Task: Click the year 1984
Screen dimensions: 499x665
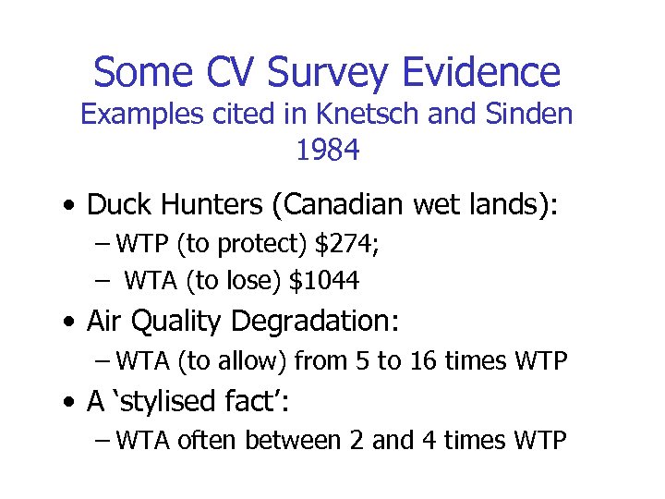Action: tap(327, 150)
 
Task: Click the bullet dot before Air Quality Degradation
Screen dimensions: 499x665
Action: tap(70, 323)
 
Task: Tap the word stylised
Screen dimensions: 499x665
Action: tap(163, 402)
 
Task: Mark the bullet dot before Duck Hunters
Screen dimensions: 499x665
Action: tap(70, 204)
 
